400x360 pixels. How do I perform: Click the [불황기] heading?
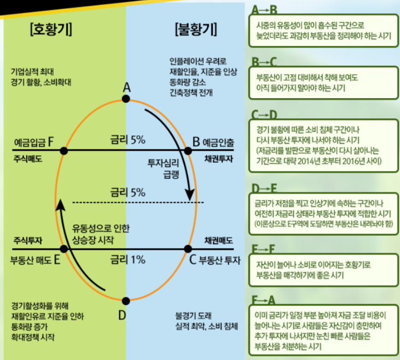(x=195, y=30)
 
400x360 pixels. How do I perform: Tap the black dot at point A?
(x=126, y=99)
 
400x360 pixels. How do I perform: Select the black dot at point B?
(x=188, y=150)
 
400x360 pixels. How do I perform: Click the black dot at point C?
(x=188, y=248)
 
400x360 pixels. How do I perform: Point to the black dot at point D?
(x=126, y=301)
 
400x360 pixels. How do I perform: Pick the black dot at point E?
(x=64, y=248)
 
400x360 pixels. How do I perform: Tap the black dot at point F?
(x=64, y=150)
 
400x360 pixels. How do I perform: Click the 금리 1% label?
(x=128, y=260)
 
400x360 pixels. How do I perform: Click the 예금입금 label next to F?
(x=28, y=142)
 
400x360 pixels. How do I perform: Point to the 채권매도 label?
(x=219, y=240)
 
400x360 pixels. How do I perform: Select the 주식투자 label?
(x=28, y=240)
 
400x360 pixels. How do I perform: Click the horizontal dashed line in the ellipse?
(x=138, y=202)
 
